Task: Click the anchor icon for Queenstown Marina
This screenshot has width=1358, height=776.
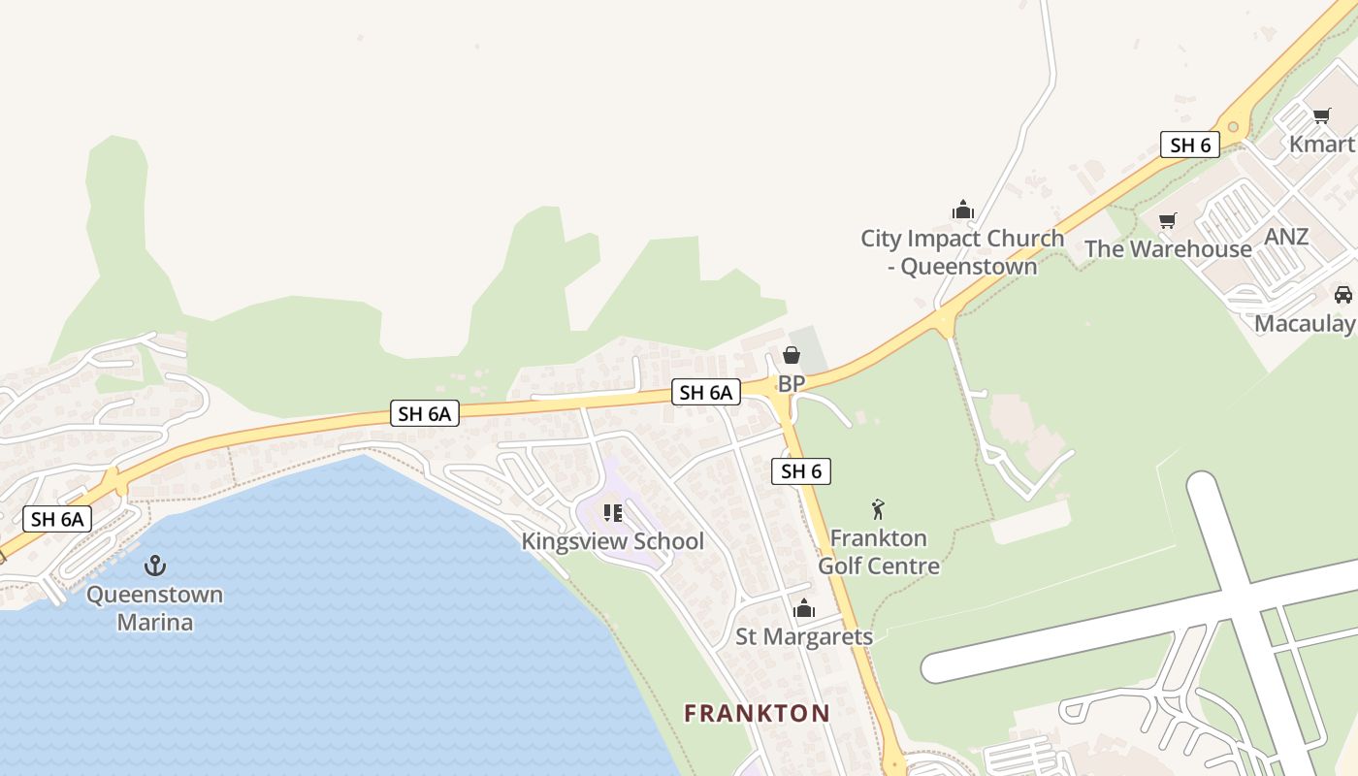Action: pyautogui.click(x=155, y=565)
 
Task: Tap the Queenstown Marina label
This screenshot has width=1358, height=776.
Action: pyautogui.click(x=155, y=607)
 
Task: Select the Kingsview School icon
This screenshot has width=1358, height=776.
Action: pyautogui.click(x=612, y=512)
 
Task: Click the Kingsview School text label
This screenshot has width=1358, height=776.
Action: pyautogui.click(x=612, y=541)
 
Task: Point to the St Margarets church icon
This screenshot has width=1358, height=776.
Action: pyautogui.click(x=804, y=608)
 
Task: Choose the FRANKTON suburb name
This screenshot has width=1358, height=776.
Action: pyautogui.click(x=757, y=714)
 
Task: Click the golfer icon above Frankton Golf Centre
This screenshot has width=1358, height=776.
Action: pyautogui.click(x=878, y=508)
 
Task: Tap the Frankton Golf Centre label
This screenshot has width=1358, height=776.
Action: pyautogui.click(x=879, y=552)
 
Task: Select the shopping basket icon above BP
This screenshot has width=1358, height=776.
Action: pyautogui.click(x=792, y=355)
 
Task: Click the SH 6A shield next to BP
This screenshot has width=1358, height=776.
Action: pyautogui.click(x=705, y=392)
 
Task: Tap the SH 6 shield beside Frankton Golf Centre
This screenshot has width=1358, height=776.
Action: pyautogui.click(x=801, y=471)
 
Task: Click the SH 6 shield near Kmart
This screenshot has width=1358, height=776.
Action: pyautogui.click(x=1190, y=145)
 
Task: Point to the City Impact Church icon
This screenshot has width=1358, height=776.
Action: pyautogui.click(x=962, y=210)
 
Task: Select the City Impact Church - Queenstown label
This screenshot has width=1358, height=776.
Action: pyautogui.click(x=962, y=251)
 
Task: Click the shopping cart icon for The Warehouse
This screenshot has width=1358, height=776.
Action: pyautogui.click(x=1168, y=220)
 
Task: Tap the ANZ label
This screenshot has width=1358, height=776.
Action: pyautogui.click(x=1286, y=237)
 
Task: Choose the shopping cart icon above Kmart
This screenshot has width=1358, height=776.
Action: pyautogui.click(x=1321, y=116)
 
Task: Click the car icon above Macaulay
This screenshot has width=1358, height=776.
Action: pyautogui.click(x=1342, y=295)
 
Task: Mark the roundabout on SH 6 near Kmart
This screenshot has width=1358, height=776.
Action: pyautogui.click(x=1233, y=126)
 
